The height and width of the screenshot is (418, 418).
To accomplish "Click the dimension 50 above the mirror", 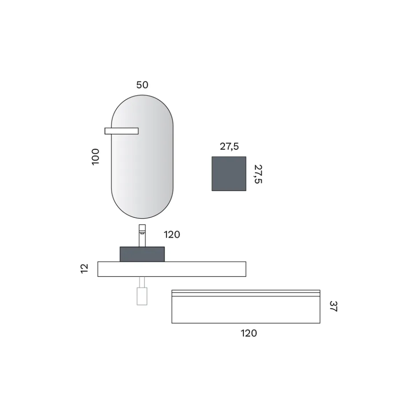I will click(x=142, y=85).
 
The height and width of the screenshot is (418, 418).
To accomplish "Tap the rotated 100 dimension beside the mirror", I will click(x=95, y=156).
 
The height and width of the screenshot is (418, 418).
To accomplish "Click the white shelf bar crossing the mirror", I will click(x=121, y=131).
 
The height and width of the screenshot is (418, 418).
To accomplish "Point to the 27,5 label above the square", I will click(x=229, y=147).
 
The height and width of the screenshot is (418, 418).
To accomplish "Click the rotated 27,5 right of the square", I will click(x=258, y=174).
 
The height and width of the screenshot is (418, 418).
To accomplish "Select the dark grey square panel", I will click(x=229, y=174).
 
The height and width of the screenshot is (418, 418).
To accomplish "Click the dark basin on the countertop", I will click(x=142, y=254).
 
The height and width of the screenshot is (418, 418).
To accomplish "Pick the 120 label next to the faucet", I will click(x=172, y=235).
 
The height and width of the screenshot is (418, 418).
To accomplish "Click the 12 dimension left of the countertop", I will click(x=84, y=268).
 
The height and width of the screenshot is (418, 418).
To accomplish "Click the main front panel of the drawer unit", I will click(x=246, y=310).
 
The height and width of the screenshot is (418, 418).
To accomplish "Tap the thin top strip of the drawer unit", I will click(x=246, y=293).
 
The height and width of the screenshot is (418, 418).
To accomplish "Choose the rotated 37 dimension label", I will click(x=333, y=306).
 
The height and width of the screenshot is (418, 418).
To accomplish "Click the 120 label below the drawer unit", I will click(x=249, y=334).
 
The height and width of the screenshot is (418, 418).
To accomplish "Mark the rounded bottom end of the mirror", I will click(x=142, y=207).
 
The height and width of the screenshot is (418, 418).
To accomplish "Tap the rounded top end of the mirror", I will click(x=142, y=106).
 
